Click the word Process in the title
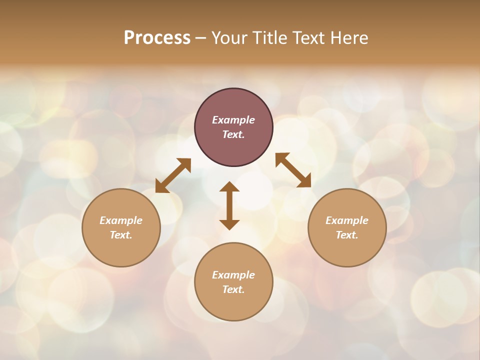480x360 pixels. click(x=157, y=38)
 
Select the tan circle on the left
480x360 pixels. click(x=121, y=250)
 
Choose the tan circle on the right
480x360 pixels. click(x=347, y=250)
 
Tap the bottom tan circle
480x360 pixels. click(x=233, y=305)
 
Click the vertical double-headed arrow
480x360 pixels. click(x=229, y=205)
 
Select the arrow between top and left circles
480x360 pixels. click(x=173, y=175)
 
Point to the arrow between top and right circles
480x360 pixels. click(x=293, y=170)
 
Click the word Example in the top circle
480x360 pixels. click(x=233, y=120)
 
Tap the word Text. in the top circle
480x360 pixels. click(x=233, y=134)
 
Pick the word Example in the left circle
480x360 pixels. click(x=121, y=220)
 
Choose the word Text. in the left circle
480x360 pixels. click(x=121, y=235)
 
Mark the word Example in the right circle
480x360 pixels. click(x=347, y=220)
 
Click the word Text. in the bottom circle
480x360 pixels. click(x=233, y=289)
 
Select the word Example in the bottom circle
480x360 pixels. click(x=233, y=275)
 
